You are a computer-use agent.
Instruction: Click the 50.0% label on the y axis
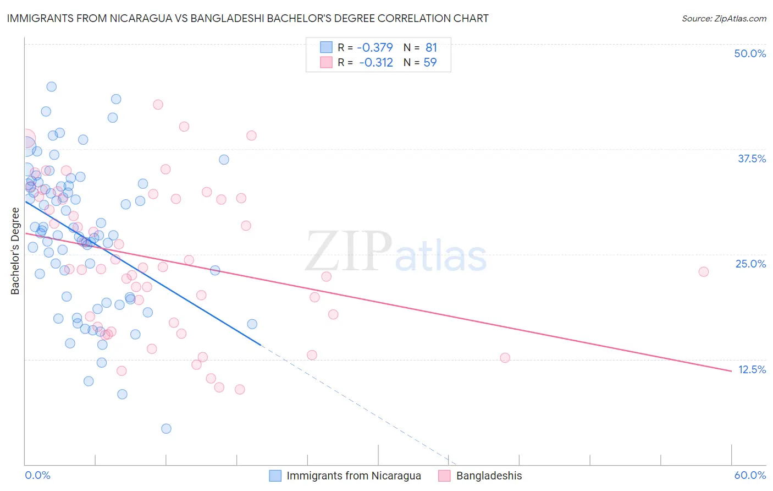(750, 53)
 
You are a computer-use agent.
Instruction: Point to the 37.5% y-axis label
(752, 159)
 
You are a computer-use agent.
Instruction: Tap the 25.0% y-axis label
(750, 264)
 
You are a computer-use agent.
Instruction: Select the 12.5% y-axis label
(752, 369)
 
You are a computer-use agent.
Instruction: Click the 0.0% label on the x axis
(37, 475)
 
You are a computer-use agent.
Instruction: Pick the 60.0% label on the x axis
(750, 475)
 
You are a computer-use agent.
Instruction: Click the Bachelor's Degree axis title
(15, 251)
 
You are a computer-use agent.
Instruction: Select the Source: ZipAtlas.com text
(724, 18)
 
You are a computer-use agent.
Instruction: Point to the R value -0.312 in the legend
(376, 62)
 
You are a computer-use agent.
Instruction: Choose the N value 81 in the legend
(431, 47)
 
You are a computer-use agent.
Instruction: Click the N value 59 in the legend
(430, 62)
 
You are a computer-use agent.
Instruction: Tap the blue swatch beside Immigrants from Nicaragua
(275, 476)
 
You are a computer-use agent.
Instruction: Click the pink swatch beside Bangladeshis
(444, 476)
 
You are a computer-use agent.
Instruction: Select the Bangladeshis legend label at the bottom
(489, 476)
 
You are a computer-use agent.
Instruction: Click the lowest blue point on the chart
(166, 428)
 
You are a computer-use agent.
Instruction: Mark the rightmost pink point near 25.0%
(703, 271)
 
